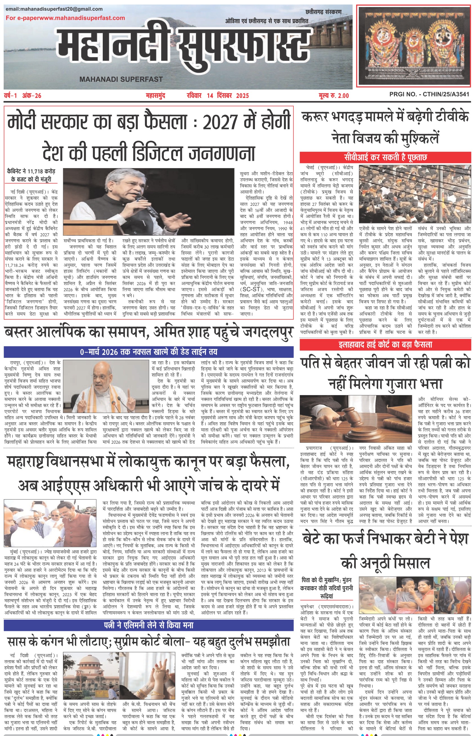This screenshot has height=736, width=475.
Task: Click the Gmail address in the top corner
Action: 54,9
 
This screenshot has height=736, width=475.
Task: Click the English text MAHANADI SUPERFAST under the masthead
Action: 121,79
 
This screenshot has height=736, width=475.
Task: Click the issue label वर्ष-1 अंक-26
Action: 23,96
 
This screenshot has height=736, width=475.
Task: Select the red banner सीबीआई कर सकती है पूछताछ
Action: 386,157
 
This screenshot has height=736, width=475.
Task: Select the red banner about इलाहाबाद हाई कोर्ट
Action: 386,344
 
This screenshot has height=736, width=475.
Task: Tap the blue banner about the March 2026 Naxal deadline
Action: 148,352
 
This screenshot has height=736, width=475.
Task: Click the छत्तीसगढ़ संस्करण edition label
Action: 324,12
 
